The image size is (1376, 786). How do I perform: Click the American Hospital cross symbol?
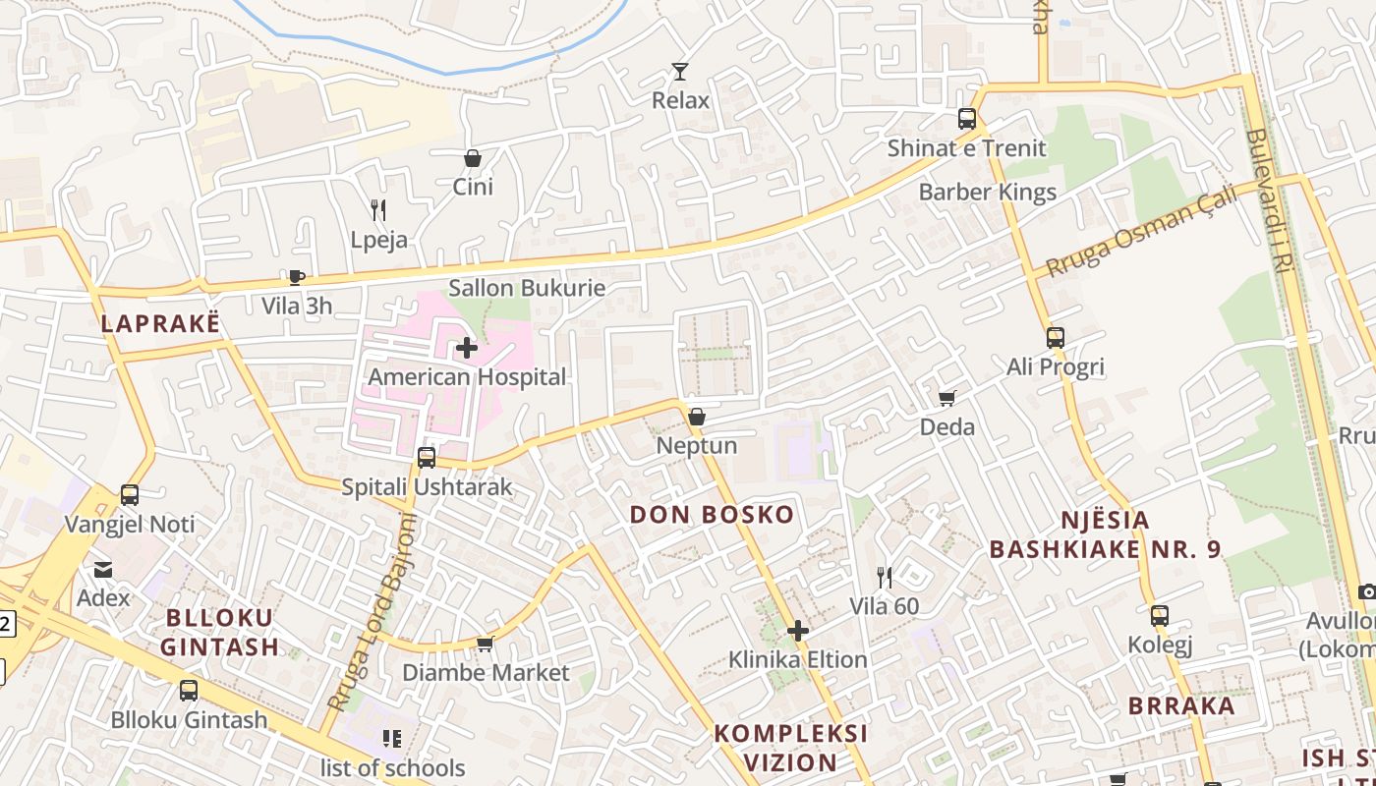[467, 348]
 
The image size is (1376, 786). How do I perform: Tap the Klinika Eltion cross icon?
[798, 630]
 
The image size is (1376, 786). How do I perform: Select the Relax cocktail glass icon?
[680, 71]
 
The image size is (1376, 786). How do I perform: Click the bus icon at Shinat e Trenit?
[967, 119]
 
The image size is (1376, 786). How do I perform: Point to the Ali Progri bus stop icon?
[1056, 338]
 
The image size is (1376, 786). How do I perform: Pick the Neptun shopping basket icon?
[697, 417]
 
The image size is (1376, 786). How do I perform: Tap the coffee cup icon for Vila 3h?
[297, 277]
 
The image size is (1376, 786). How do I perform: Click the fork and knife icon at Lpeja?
[378, 210]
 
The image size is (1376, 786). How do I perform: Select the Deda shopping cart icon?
[947, 398]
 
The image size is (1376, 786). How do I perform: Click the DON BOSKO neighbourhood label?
[712, 515]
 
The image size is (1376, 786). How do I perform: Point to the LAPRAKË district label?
[160, 323]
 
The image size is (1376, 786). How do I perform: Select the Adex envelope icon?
[103, 569]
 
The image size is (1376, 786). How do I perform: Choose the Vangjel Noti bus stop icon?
[130, 495]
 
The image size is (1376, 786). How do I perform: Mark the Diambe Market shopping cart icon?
[485, 644]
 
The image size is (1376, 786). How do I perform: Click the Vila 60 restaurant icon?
[885, 577]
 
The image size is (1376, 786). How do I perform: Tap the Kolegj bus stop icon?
[1160, 617]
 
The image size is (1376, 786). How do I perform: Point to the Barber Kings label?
[987, 192]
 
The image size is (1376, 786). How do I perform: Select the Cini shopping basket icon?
[473, 158]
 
